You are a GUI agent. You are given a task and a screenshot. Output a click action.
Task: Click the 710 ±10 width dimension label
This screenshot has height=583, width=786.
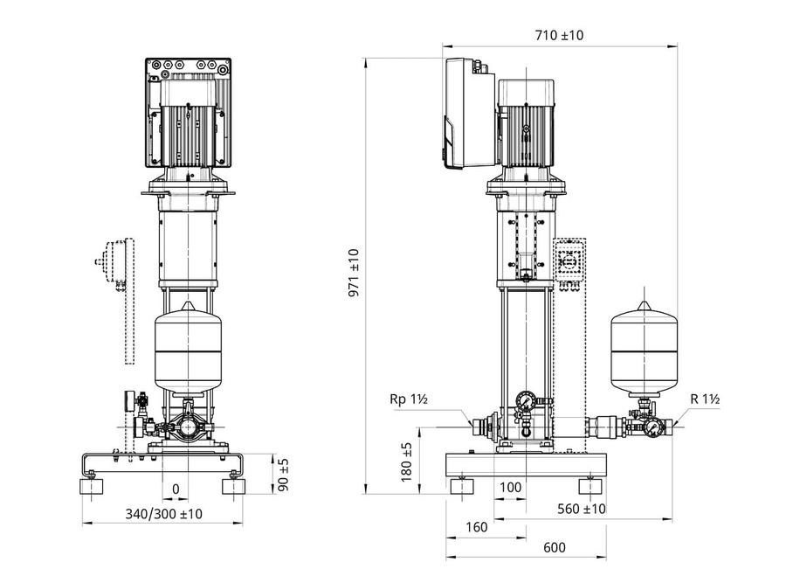(x=559, y=35)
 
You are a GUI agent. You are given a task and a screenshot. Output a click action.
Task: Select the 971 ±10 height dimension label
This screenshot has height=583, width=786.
(x=355, y=273)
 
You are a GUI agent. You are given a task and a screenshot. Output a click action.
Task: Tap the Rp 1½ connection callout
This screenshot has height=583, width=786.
(x=409, y=399)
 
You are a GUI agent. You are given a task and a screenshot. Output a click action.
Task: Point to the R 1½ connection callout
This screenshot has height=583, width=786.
(x=705, y=399)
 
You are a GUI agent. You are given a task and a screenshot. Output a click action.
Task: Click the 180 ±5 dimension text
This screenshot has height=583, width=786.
(x=406, y=462)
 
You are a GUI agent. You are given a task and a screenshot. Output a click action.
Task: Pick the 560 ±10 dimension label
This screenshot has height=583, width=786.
(x=582, y=509)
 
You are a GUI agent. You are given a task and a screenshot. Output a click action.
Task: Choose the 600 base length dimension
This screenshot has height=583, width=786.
(x=555, y=547)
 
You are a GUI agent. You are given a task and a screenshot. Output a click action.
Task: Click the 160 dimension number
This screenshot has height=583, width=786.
(x=476, y=527)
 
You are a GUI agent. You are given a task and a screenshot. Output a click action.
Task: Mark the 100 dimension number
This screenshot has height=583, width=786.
(x=511, y=487)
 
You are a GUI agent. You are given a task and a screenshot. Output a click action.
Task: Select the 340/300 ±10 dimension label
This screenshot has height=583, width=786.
(x=164, y=514)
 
